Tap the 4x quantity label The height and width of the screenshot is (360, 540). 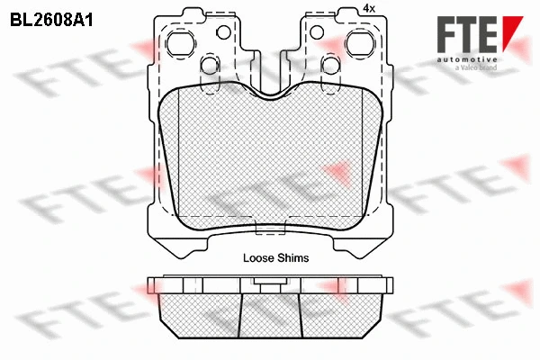pos(368,8)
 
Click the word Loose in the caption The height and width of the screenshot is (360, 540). pos(258,257)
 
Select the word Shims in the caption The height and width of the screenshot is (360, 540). pos(293,257)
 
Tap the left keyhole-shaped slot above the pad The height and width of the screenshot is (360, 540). pos(209,66)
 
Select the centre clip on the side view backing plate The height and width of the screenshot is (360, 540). pos(268,283)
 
